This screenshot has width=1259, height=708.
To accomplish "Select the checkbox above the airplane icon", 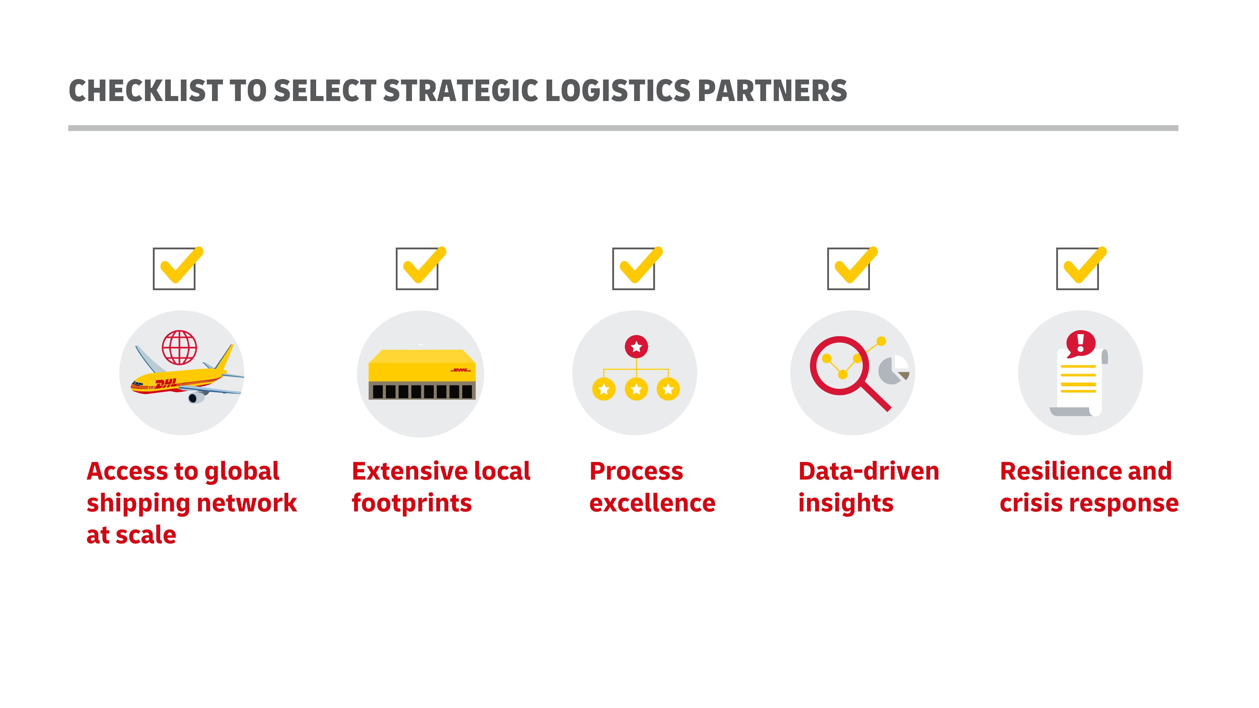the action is point(174,269).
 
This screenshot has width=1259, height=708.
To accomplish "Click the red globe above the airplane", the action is point(179,347).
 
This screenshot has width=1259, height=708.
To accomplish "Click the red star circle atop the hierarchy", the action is point(636,347).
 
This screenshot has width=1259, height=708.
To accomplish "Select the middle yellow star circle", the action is point(636,389).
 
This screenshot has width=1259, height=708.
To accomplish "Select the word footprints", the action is point(412,503).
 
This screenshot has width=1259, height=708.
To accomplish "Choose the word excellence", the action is point(653,503).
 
